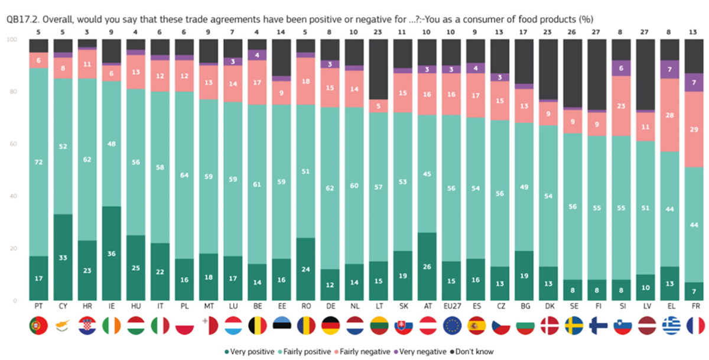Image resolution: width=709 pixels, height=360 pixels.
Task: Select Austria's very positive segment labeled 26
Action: (427, 267)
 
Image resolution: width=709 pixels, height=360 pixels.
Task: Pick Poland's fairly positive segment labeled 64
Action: (184, 175)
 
